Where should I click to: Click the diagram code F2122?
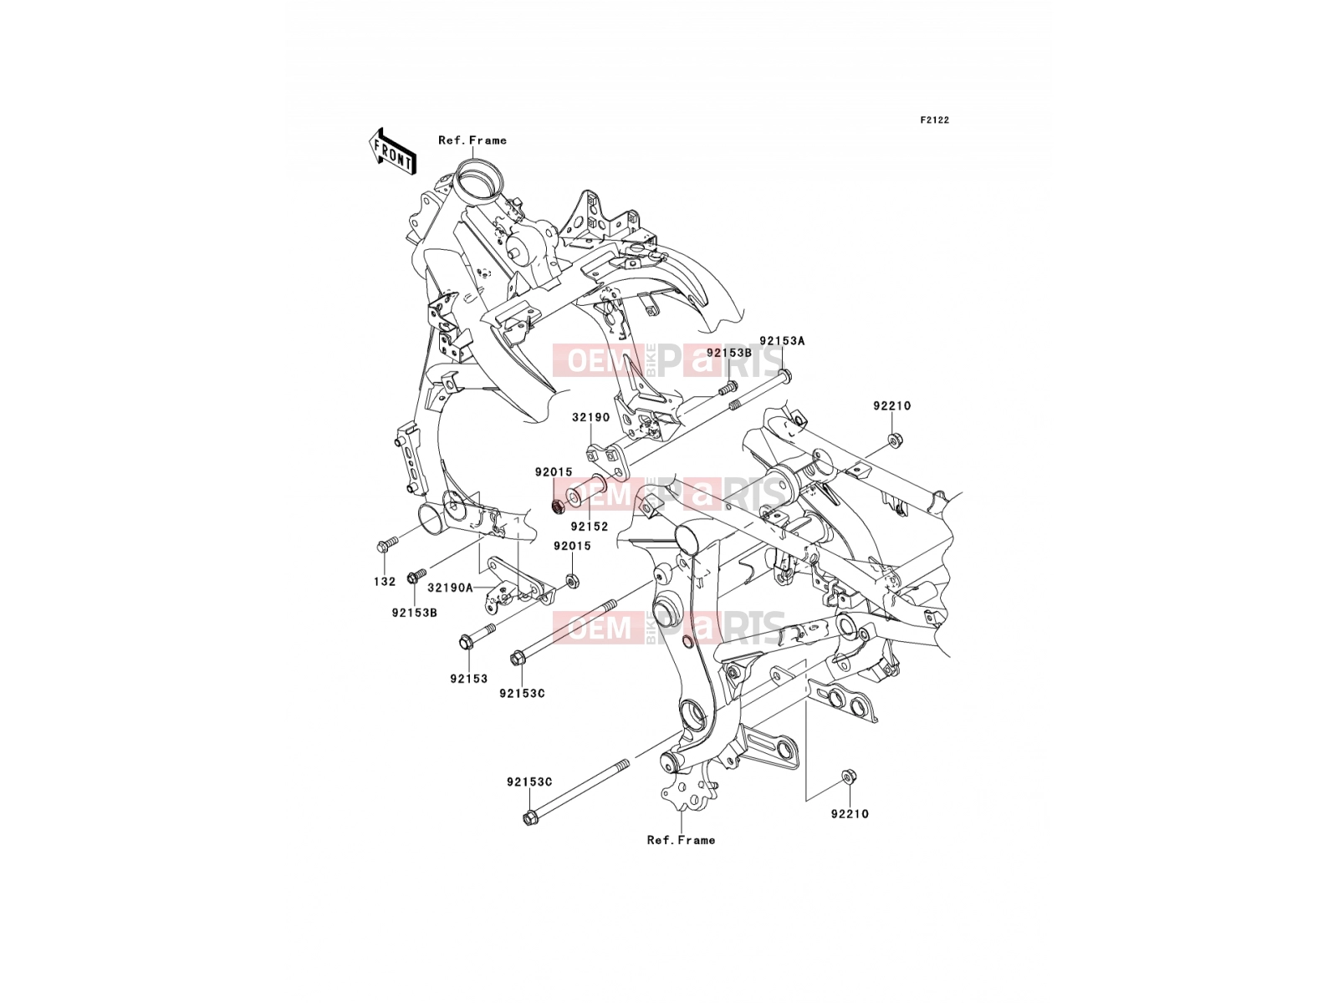[934, 120]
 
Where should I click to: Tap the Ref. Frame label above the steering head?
[472, 140]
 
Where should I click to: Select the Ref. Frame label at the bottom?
[681, 840]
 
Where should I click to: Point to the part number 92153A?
[781, 341]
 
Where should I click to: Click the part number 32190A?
[450, 588]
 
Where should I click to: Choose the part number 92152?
[590, 527]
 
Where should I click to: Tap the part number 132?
[385, 582]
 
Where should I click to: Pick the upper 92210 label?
[891, 405]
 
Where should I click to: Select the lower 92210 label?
[850, 813]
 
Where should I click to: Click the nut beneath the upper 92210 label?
[895, 439]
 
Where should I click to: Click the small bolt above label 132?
[386, 544]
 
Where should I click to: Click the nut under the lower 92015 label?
[572, 581]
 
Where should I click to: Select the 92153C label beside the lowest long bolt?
[529, 782]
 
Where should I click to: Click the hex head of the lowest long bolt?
[529, 818]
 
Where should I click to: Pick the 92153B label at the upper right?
[729, 352]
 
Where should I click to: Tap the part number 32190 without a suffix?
[590, 417]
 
